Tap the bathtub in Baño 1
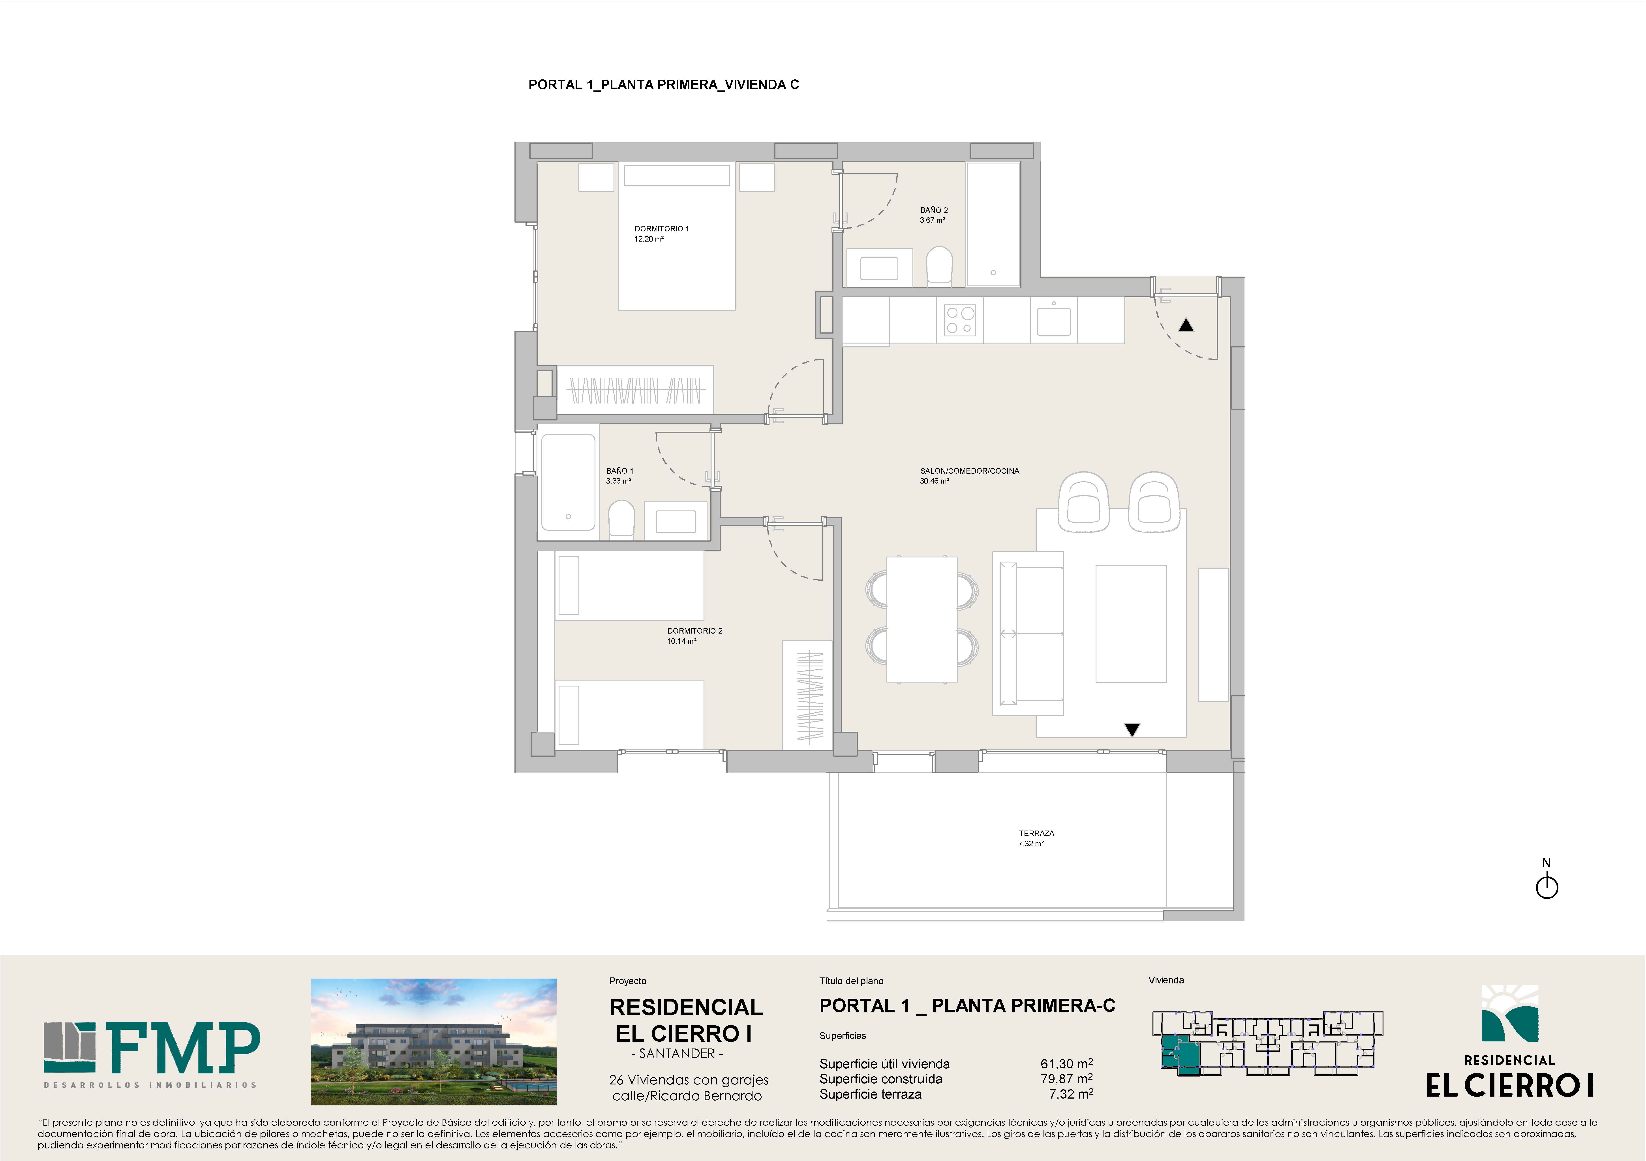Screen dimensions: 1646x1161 click(x=568, y=482)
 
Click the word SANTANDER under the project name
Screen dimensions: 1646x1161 click(x=677, y=1054)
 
